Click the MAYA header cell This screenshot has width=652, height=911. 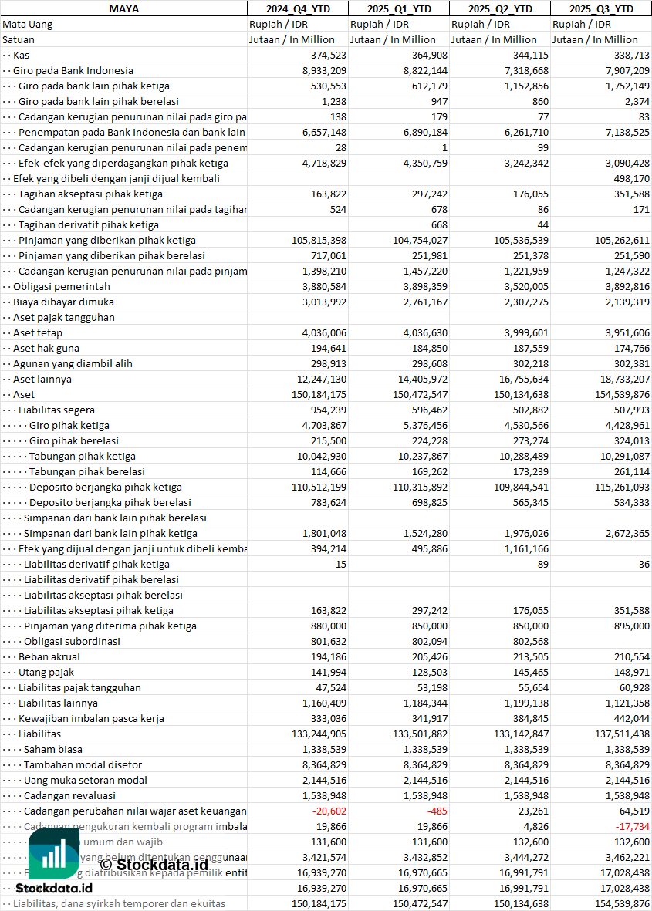(x=123, y=8)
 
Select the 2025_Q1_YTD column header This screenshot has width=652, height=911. (x=398, y=8)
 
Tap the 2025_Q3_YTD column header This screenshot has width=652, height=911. (x=601, y=8)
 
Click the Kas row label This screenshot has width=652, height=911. (x=22, y=55)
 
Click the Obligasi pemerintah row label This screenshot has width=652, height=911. (x=62, y=286)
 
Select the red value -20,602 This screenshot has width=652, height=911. (x=329, y=811)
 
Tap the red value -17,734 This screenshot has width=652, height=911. (x=632, y=826)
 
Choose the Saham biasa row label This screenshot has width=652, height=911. (x=53, y=749)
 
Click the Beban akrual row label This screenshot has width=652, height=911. (x=49, y=656)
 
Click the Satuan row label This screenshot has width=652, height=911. (x=19, y=39)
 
